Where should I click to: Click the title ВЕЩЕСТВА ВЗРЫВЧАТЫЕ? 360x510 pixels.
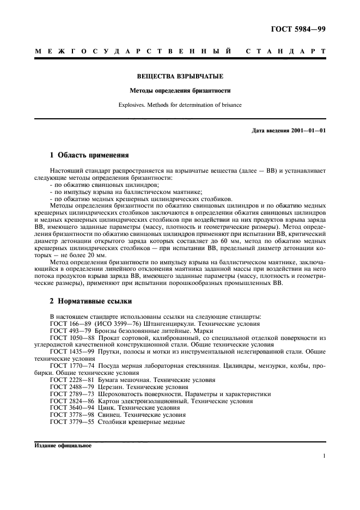tap(180, 77)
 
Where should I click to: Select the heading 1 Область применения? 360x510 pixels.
tap(81, 155)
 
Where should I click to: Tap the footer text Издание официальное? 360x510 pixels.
tap(63, 445)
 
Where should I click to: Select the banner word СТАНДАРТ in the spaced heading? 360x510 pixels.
tap(286, 51)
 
